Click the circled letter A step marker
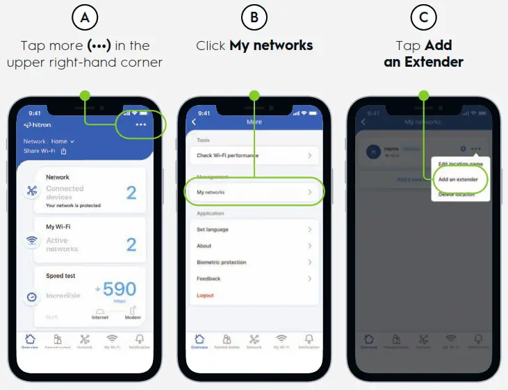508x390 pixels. [85, 17]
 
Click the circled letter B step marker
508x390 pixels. [254, 17]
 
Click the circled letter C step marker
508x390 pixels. [423, 17]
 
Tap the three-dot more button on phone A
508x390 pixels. [141, 124]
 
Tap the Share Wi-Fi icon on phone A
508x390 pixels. [64, 151]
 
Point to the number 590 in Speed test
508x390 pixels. [119, 289]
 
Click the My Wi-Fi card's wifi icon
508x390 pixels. [32, 241]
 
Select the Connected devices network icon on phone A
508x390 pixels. [32, 191]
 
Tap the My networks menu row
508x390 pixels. [254, 192]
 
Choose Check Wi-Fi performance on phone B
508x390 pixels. [254, 156]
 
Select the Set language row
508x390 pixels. [254, 229]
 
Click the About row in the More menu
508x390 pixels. [254, 245]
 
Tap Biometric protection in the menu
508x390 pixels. [254, 262]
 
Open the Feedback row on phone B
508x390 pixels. [254, 278]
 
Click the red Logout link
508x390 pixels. [206, 295]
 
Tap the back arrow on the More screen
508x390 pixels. [194, 122]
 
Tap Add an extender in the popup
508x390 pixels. [458, 179]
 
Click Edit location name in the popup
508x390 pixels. [460, 163]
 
